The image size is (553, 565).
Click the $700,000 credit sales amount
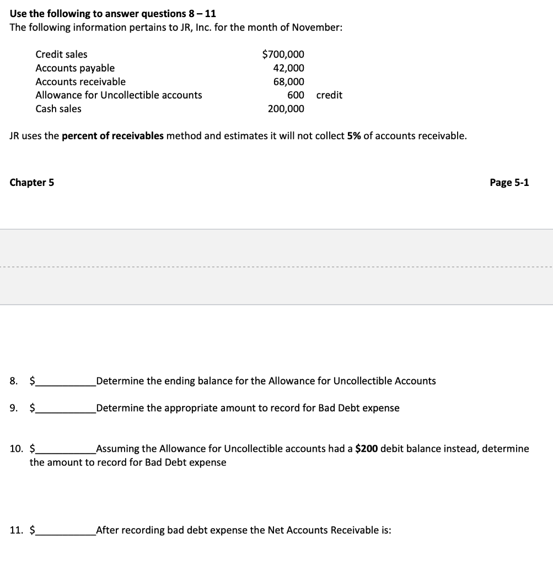(283, 54)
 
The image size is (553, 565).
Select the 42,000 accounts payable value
(288, 68)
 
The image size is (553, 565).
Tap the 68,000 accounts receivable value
(288, 82)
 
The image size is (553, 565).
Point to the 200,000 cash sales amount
(286, 109)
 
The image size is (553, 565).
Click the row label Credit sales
(61, 54)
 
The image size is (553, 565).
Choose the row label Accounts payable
(75, 68)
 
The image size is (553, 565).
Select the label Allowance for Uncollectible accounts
(119, 95)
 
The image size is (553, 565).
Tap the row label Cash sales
(58, 109)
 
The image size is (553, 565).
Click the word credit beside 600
(329, 95)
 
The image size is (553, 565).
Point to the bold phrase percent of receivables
(112, 136)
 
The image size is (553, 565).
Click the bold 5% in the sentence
(354, 136)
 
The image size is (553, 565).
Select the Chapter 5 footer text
(32, 183)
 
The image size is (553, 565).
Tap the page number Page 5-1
(509, 183)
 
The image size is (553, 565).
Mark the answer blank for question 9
(65, 409)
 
